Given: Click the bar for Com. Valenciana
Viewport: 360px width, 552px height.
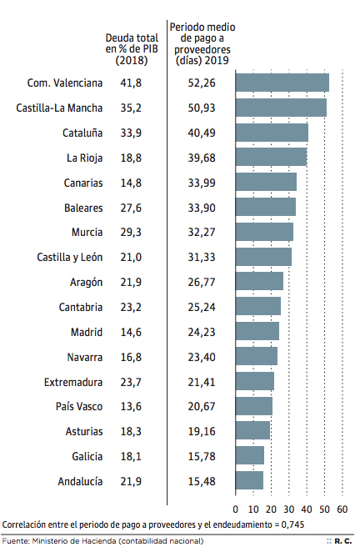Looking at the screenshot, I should tap(282, 83).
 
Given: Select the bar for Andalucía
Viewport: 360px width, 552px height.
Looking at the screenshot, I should tap(249, 481).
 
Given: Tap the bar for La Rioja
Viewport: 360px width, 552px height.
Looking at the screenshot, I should tap(271, 158).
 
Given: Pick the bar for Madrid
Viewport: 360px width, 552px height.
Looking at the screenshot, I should tap(257, 332).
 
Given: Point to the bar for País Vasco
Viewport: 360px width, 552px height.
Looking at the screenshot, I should tap(253, 406).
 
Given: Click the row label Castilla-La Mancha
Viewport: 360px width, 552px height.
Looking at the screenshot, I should tap(60, 108).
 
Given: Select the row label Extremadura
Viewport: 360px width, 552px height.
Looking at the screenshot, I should tap(73, 382).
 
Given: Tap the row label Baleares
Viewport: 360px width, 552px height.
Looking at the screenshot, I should tap(83, 208).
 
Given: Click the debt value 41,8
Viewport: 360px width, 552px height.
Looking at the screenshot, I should tap(131, 83).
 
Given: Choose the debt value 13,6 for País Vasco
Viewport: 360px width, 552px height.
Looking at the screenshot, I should tap(131, 407).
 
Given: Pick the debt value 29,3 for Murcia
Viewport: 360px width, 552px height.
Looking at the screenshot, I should tap(131, 233).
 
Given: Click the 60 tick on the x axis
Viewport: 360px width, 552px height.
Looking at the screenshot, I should tap(342, 509).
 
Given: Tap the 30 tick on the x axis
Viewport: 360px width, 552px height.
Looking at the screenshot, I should tap(288, 509).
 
